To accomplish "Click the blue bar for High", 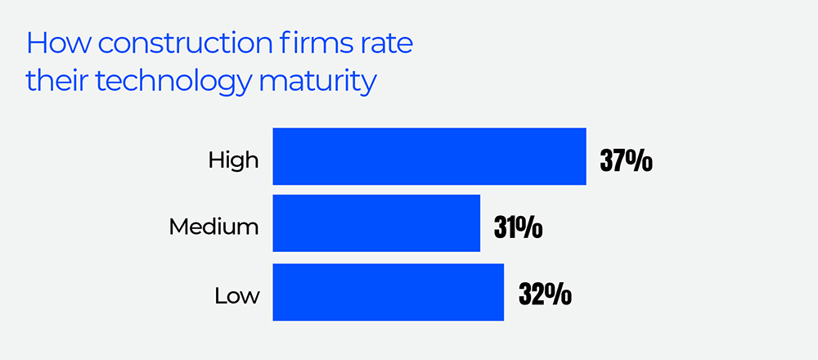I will pos(429,156).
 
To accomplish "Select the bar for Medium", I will pos(375,223).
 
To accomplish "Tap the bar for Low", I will pos(388,291).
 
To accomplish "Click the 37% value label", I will pos(626,160).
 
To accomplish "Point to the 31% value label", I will pos(518,227).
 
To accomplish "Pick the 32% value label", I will pos(544,294).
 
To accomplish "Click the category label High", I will pos(233,160).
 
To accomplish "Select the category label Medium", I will pos(213,227).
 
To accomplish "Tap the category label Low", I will pos(237,295).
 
